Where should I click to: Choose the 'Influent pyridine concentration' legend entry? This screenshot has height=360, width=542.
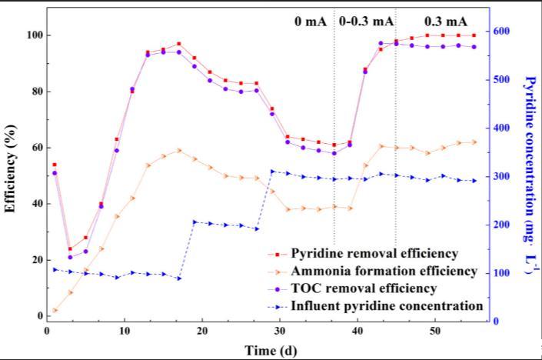(x=387, y=306)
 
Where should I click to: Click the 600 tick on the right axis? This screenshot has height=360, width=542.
(x=503, y=32)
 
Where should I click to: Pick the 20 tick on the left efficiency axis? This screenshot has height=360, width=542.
(x=35, y=260)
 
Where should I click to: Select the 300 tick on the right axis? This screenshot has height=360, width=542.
(x=503, y=177)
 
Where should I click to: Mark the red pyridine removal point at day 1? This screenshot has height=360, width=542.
(x=54, y=165)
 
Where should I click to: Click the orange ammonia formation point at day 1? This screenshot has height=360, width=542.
(x=55, y=311)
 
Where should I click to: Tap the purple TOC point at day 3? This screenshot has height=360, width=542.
(x=70, y=257)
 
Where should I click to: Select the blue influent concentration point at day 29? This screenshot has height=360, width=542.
(x=272, y=171)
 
